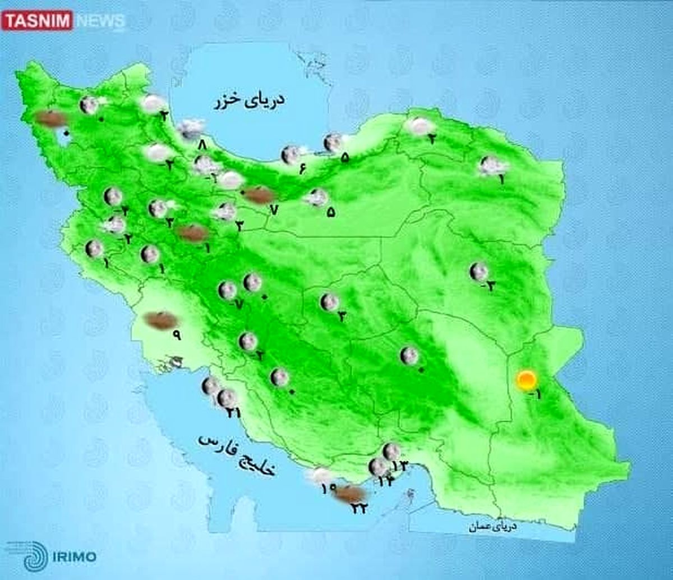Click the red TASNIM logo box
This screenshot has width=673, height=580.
(37, 21)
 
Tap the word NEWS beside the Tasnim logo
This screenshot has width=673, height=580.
(100, 21)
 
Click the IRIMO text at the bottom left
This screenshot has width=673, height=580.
(74, 557)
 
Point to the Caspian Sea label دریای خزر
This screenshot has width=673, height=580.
(248, 101)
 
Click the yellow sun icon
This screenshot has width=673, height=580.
(526, 381)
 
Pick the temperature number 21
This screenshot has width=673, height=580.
(233, 413)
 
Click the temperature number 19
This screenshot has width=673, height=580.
(329, 488)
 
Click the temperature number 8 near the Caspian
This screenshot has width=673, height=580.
(202, 145)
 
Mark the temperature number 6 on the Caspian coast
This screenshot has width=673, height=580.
(303, 169)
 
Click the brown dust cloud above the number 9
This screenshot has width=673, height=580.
(160, 320)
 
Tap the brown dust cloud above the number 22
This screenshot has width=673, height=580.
(351, 494)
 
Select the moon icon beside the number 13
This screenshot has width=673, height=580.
(391, 451)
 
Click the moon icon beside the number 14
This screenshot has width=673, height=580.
(379, 466)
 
